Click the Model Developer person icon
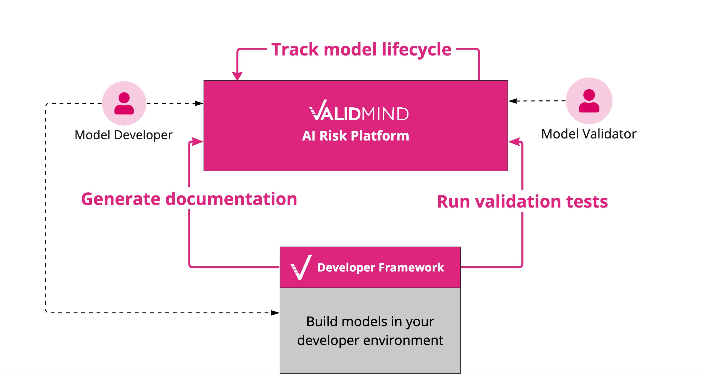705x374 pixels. [x=124, y=103]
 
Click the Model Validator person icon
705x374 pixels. [x=589, y=101]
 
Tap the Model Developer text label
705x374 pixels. [x=123, y=135]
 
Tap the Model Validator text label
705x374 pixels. [x=589, y=134]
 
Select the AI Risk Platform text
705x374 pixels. [x=356, y=136]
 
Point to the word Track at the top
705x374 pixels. [x=295, y=50]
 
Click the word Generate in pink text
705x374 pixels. [x=121, y=199]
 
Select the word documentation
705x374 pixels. [x=231, y=199]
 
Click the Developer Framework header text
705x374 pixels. [x=380, y=267]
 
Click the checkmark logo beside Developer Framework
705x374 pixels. [x=301, y=267]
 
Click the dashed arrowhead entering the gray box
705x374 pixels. [x=275, y=313]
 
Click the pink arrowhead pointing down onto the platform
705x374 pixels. [x=237, y=76]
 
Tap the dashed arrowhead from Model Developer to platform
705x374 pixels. [x=199, y=104]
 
